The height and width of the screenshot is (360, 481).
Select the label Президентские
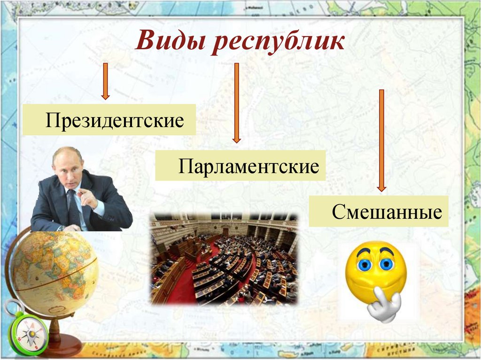[114, 121]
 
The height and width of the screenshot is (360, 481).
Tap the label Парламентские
[248, 166]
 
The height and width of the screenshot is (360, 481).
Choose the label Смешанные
[387, 212]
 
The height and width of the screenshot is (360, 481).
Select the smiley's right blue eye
[386, 264]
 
